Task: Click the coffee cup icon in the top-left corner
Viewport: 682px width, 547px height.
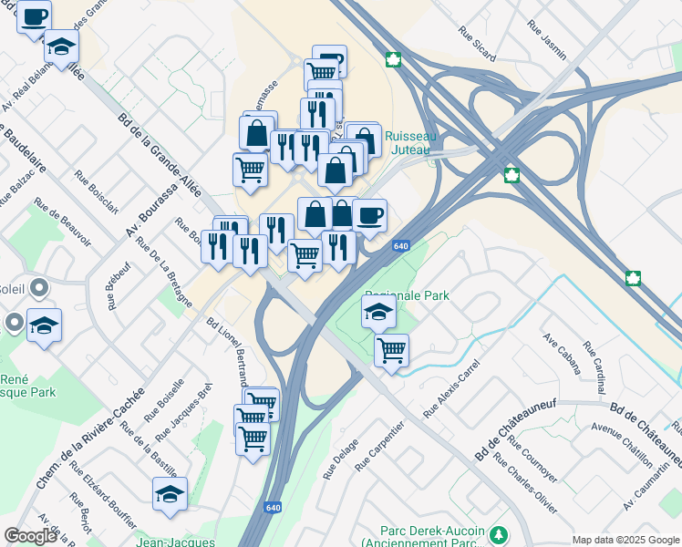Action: [34, 16]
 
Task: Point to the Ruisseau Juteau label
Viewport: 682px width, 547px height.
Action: [411, 143]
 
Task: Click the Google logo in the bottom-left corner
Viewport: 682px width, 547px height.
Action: [30, 536]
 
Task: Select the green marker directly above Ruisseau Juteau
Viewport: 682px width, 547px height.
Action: [393, 61]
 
